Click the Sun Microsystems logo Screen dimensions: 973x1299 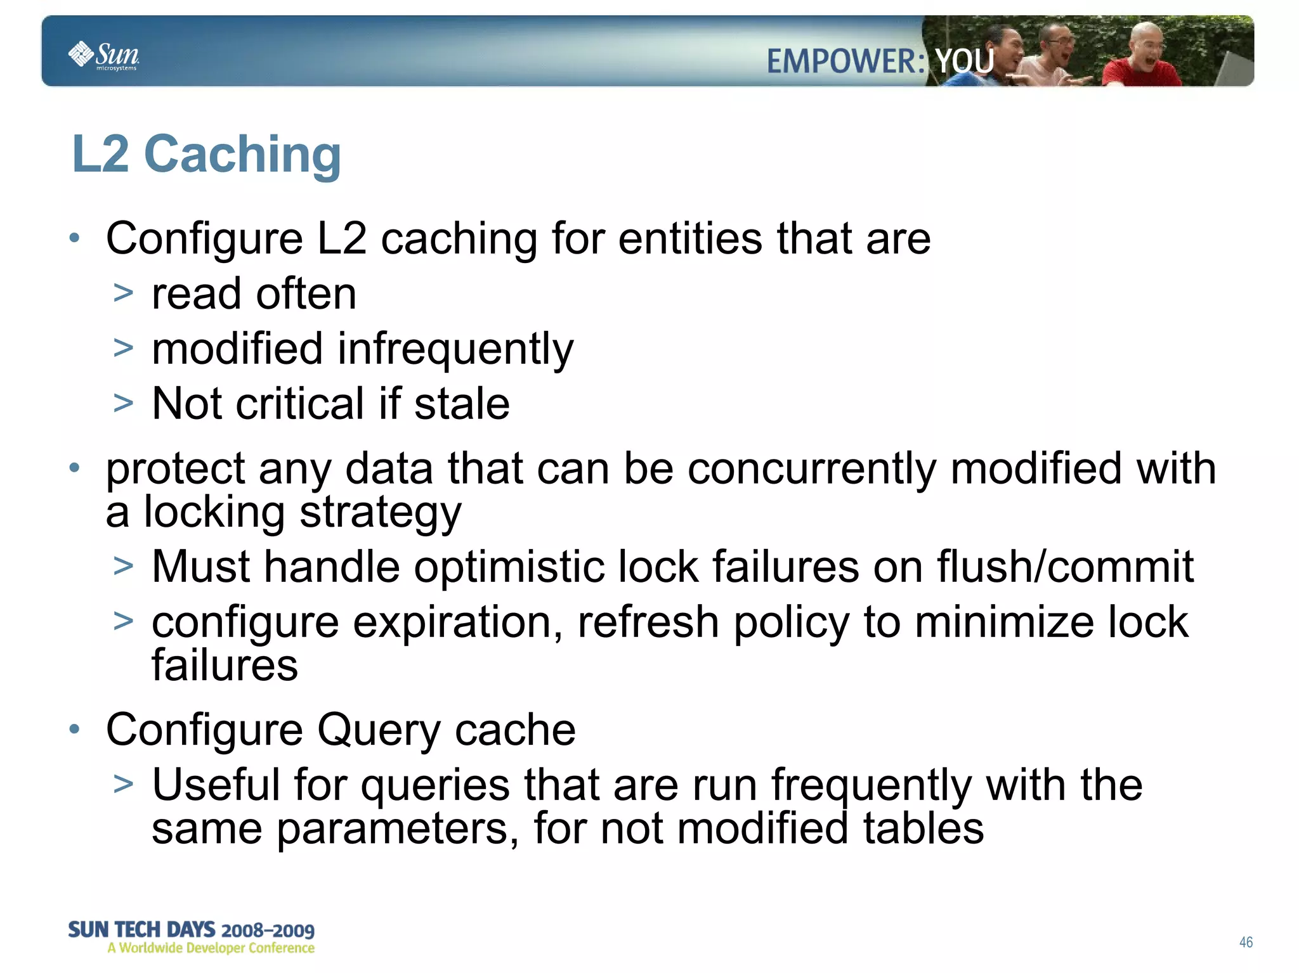[x=103, y=55]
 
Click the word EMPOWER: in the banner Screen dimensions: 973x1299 [x=845, y=62]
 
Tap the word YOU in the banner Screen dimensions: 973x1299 [x=965, y=61]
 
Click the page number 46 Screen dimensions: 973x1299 [x=1246, y=942]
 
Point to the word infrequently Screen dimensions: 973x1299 [x=455, y=349]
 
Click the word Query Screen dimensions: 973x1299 [x=378, y=730]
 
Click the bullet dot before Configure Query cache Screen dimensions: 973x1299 [x=75, y=729]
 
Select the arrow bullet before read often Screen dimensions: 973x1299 [x=123, y=293]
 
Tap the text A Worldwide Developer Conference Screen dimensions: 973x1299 [x=211, y=948]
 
